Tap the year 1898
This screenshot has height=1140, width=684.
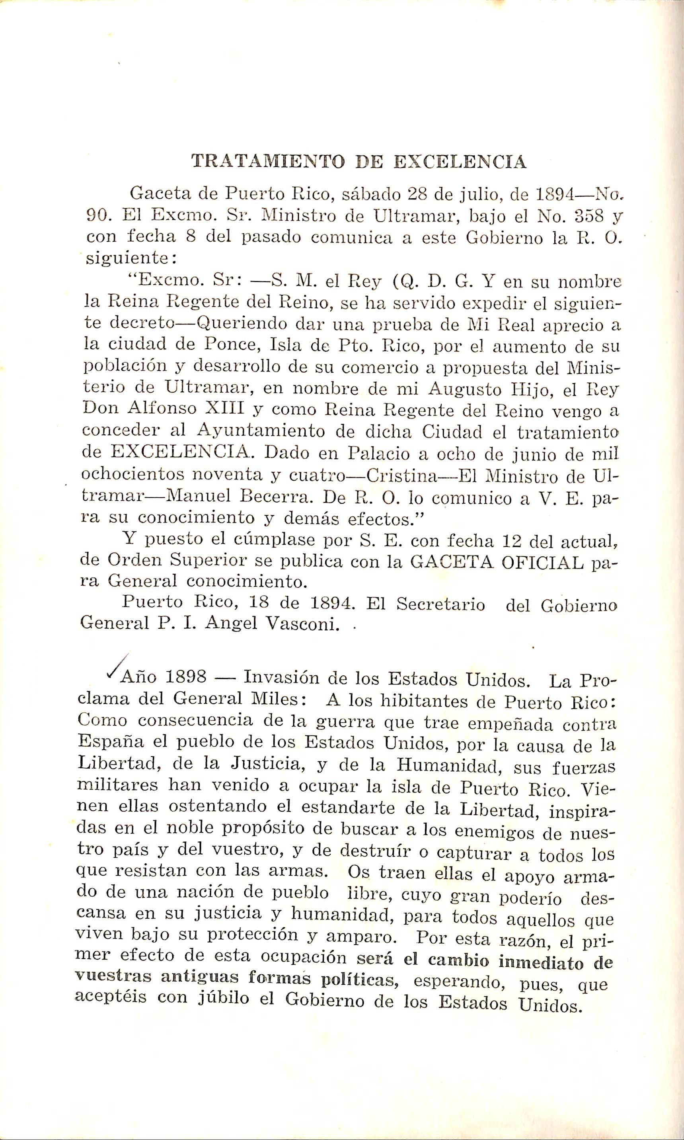tap(186, 677)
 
